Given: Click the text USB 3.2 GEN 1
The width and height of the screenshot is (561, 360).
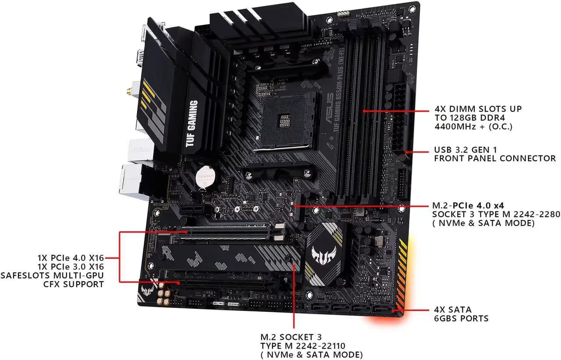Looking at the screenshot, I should point(466,149).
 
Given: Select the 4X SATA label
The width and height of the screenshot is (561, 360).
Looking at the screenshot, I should point(452,310).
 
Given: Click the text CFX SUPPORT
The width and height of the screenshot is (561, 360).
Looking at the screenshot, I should point(74,284).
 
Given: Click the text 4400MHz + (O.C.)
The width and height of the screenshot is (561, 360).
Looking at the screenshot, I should point(472,127).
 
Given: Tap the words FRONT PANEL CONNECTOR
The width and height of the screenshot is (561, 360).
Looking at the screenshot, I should point(495,158).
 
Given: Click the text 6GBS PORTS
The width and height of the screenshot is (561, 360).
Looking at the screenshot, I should point(461,318).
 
